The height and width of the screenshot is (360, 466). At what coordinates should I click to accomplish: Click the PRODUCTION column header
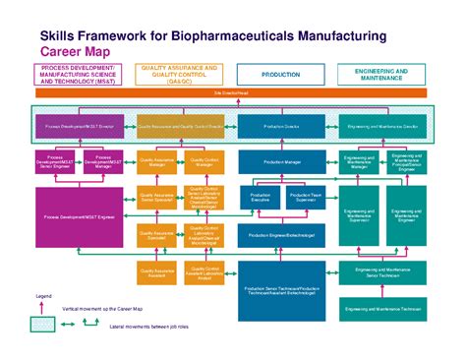tap(281, 74)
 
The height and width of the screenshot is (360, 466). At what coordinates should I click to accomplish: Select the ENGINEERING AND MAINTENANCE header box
tap(382, 74)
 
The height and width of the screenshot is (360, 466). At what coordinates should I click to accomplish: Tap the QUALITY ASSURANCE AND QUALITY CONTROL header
tap(180, 74)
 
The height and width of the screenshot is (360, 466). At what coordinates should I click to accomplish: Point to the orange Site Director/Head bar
tap(231, 93)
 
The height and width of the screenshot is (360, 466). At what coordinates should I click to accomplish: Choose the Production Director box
tap(281, 127)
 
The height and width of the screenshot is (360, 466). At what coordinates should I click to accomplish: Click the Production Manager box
tap(281, 162)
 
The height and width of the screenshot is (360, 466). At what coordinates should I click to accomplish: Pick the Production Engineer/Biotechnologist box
tap(281, 236)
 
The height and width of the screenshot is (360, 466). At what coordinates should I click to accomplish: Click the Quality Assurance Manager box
tap(156, 162)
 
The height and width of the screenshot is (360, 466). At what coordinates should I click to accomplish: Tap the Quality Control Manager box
tap(204, 162)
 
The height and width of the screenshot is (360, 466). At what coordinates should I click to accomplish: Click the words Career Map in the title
tap(74, 51)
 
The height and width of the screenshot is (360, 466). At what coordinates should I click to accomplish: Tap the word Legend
tap(43, 296)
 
